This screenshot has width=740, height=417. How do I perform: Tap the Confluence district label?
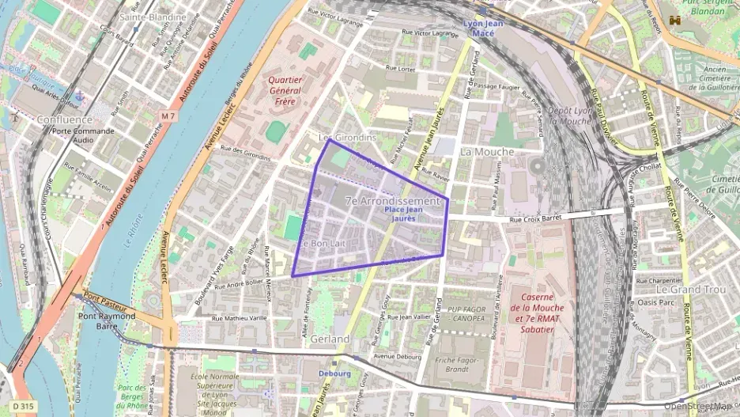tap(64, 119)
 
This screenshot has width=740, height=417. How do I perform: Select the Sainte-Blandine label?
tap(153, 16)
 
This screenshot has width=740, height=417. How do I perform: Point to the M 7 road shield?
tap(168, 116)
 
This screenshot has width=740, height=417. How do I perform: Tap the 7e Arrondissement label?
tap(392, 202)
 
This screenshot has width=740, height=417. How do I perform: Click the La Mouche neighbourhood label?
tap(486, 151)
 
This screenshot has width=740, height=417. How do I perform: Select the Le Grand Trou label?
tap(690, 290)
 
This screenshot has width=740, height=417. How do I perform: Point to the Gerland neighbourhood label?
tap(330, 339)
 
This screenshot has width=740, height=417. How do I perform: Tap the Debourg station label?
tap(334, 373)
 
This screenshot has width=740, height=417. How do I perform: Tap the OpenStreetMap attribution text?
tap(700, 408)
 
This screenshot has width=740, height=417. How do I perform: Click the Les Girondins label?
tap(346, 137)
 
